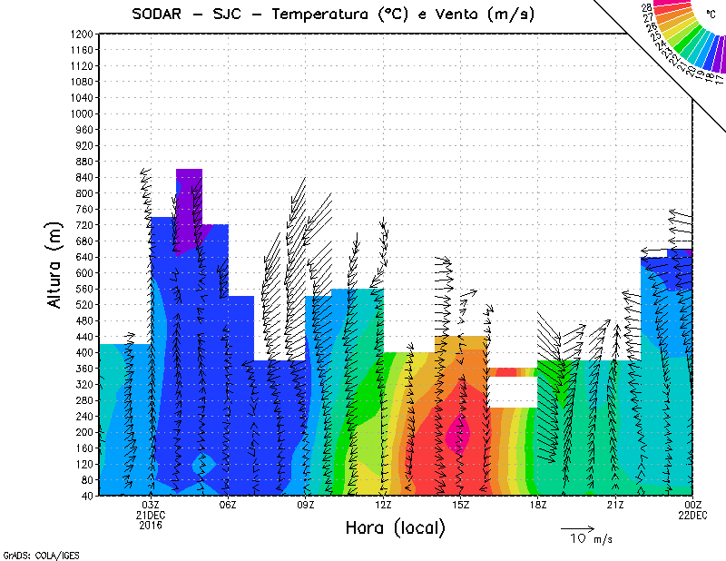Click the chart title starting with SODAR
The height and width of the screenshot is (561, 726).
coord(332,15)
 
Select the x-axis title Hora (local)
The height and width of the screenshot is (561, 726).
coord(396,527)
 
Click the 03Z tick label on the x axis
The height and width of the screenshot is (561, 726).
coord(152,505)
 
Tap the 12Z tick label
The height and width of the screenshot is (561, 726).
coord(384,505)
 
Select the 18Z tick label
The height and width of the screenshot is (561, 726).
coord(538,505)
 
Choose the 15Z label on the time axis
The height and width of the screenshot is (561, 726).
coord(461,505)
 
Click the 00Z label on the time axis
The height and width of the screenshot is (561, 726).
coord(693,505)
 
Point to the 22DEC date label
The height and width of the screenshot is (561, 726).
coord(693,515)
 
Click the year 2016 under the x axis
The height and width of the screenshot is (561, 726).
coord(152,525)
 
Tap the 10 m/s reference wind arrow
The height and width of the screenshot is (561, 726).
coord(576,527)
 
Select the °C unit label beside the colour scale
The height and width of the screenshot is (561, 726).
coord(711,15)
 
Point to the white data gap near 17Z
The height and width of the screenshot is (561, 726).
coord(513,391)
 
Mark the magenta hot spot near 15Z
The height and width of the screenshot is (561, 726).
coord(455,435)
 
